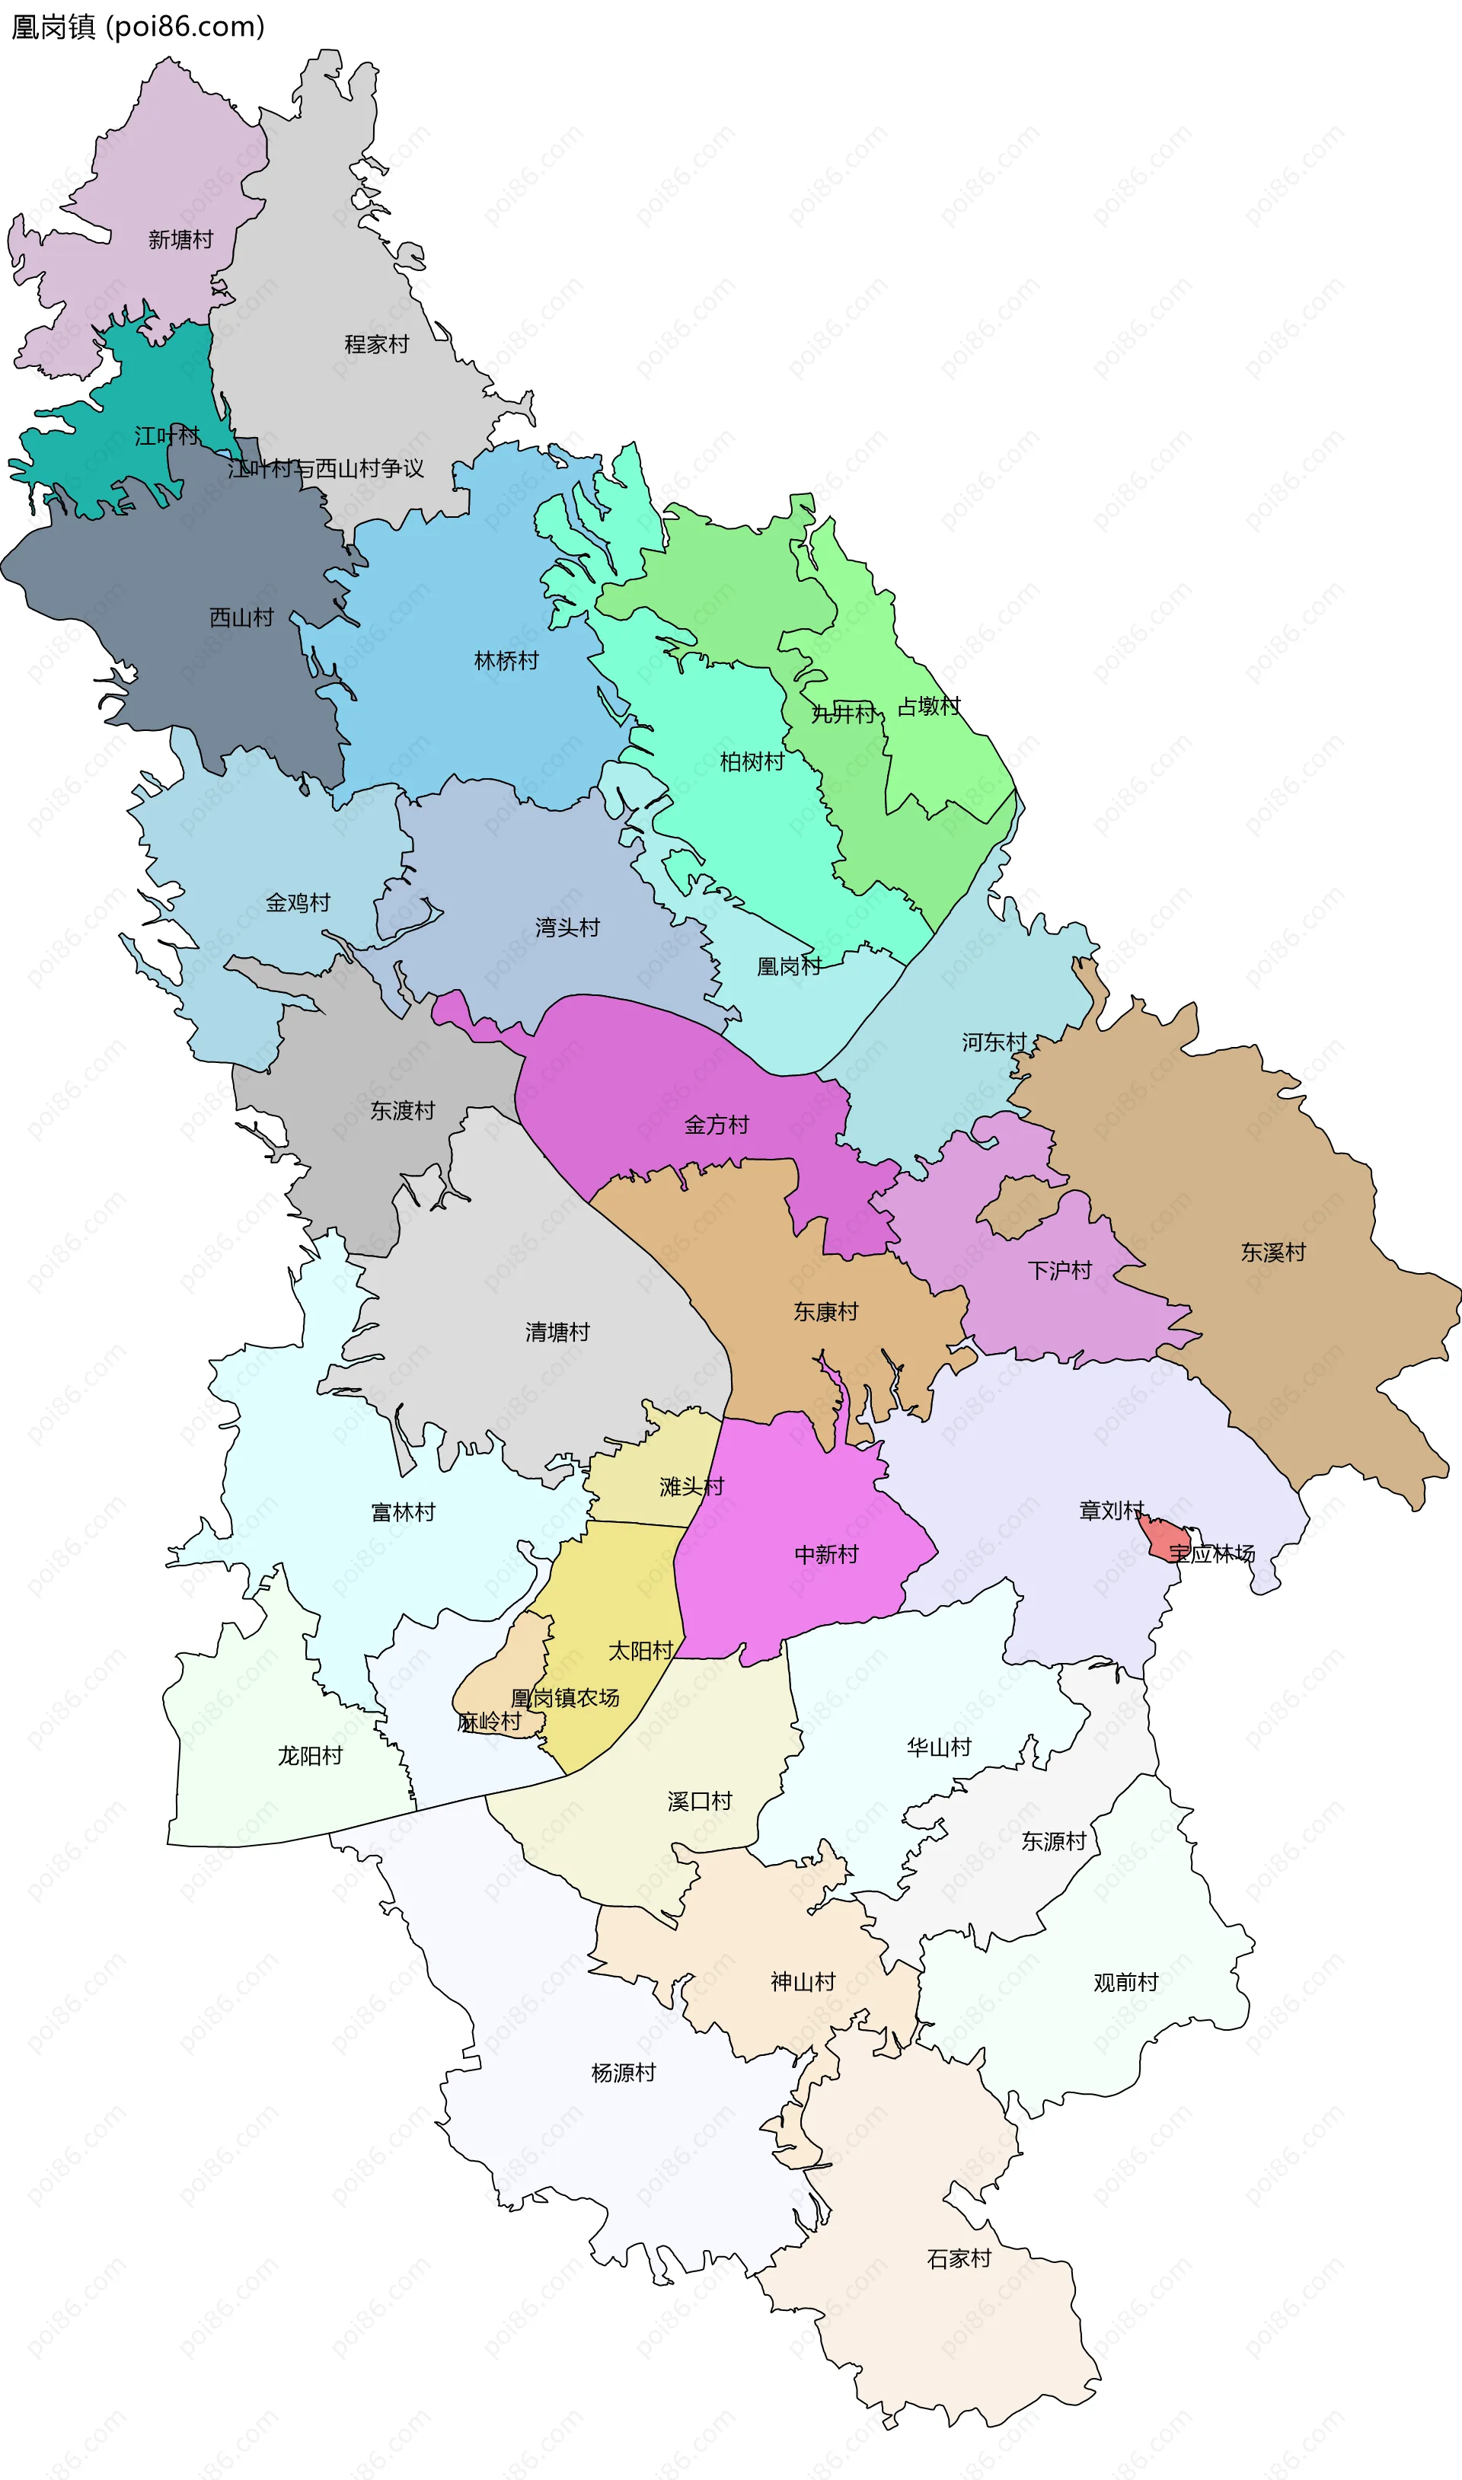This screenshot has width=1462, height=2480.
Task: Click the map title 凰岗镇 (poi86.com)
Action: point(138,27)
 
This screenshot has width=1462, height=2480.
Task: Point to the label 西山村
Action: point(241,618)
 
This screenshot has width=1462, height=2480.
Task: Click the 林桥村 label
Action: point(506,661)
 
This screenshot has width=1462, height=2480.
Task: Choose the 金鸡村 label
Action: point(298,903)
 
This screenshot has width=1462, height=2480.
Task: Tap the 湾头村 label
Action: point(567,927)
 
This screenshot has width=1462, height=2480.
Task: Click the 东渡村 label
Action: point(402,1111)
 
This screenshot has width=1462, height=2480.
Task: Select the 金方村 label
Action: point(717,1125)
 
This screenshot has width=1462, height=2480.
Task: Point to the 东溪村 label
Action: point(1273,1253)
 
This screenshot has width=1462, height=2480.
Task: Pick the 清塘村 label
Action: point(557,1333)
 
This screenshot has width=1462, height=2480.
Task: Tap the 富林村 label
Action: point(403,1513)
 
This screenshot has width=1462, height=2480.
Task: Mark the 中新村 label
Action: point(825,1555)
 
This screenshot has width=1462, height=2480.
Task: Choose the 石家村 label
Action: point(959,2259)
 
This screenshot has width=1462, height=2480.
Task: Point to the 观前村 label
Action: point(1125,1983)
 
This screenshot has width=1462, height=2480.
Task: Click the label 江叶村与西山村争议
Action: point(326,469)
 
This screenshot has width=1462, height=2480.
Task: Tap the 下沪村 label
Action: point(1060,1271)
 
